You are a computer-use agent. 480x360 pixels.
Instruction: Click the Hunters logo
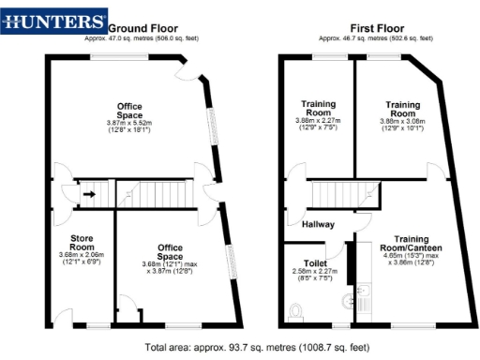(53, 20)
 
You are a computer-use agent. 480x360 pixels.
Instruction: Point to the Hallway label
(317, 224)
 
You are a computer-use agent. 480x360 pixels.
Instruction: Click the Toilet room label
(315, 263)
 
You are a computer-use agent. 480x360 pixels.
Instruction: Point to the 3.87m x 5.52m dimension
(129, 124)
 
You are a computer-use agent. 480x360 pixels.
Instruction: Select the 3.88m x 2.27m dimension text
(319, 121)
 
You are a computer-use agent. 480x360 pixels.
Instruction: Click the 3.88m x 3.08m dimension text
(397, 121)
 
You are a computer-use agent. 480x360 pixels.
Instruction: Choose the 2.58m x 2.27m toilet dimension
(315, 275)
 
